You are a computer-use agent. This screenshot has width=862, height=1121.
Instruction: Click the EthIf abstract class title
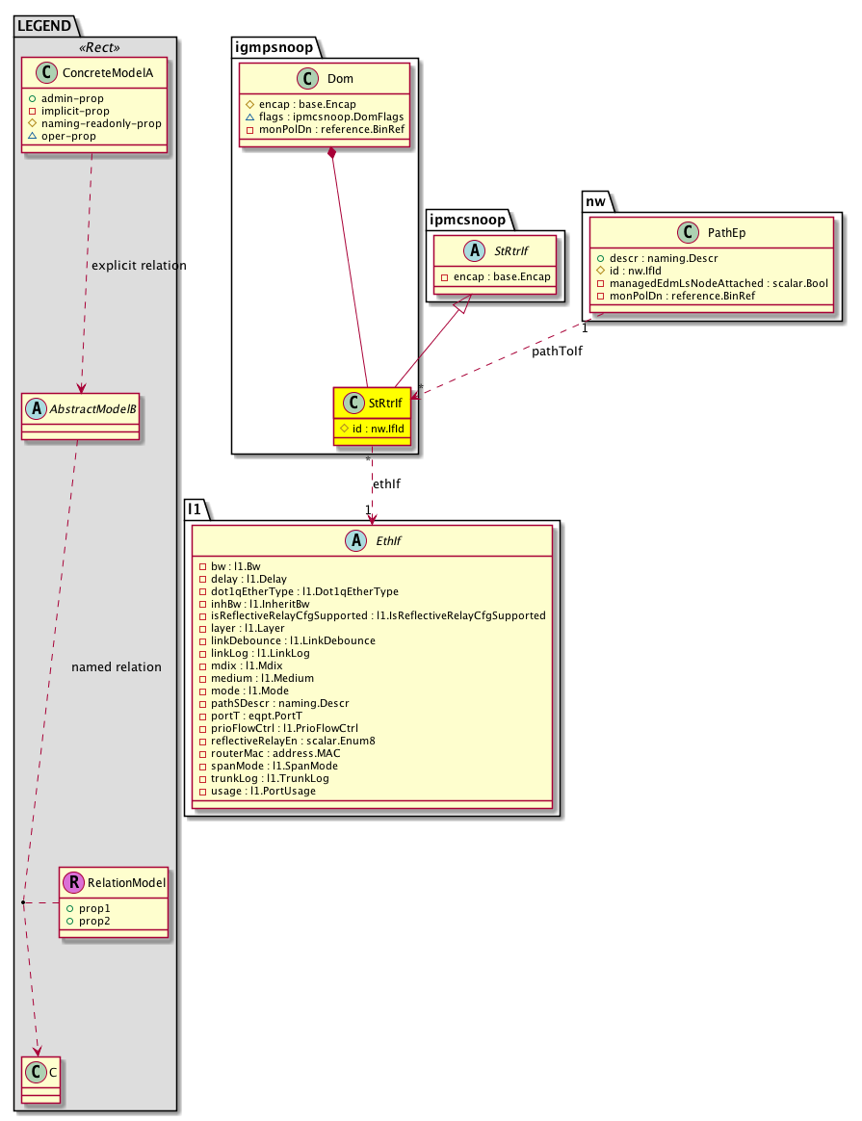coord(384,542)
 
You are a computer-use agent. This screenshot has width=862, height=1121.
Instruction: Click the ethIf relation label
coord(385,483)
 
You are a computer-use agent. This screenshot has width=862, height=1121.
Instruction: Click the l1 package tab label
coord(195,509)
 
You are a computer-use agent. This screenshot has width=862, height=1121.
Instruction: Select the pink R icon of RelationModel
coord(74,882)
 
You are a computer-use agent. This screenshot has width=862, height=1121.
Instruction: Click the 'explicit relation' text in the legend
coord(137,265)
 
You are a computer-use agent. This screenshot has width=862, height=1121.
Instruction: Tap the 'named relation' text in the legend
coord(117,666)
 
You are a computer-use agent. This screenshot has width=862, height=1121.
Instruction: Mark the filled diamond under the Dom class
coord(331,154)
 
